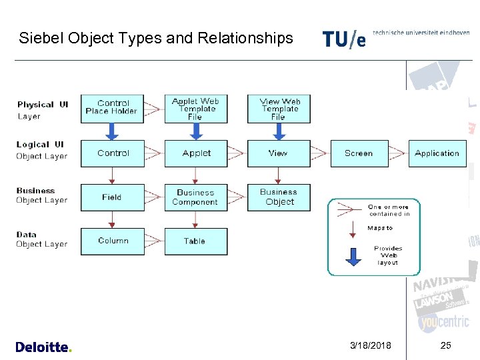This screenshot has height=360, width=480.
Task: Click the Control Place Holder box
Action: click(113, 108)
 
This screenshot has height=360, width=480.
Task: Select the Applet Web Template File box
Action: click(195, 109)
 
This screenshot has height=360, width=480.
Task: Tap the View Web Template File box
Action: click(279, 109)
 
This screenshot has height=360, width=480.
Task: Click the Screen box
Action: click(358, 153)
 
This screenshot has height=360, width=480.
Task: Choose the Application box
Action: click(437, 153)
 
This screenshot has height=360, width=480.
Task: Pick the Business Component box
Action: click(195, 197)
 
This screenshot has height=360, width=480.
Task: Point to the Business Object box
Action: click(279, 197)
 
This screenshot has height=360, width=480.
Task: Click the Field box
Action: click(113, 197)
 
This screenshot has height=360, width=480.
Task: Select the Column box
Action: click(113, 241)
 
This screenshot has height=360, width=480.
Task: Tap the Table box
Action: click(195, 241)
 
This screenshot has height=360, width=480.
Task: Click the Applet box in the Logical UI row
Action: click(195, 153)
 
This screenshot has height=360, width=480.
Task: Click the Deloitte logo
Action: click(43, 347)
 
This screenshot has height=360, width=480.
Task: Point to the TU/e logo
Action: click(344, 39)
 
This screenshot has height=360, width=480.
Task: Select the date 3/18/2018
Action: click(371, 345)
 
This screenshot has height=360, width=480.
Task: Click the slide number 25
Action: click(446, 345)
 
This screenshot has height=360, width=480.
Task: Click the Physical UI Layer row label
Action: click(43, 110)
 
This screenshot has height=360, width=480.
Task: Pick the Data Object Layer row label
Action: click(41, 239)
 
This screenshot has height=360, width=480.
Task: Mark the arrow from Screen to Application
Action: click(397, 153)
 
